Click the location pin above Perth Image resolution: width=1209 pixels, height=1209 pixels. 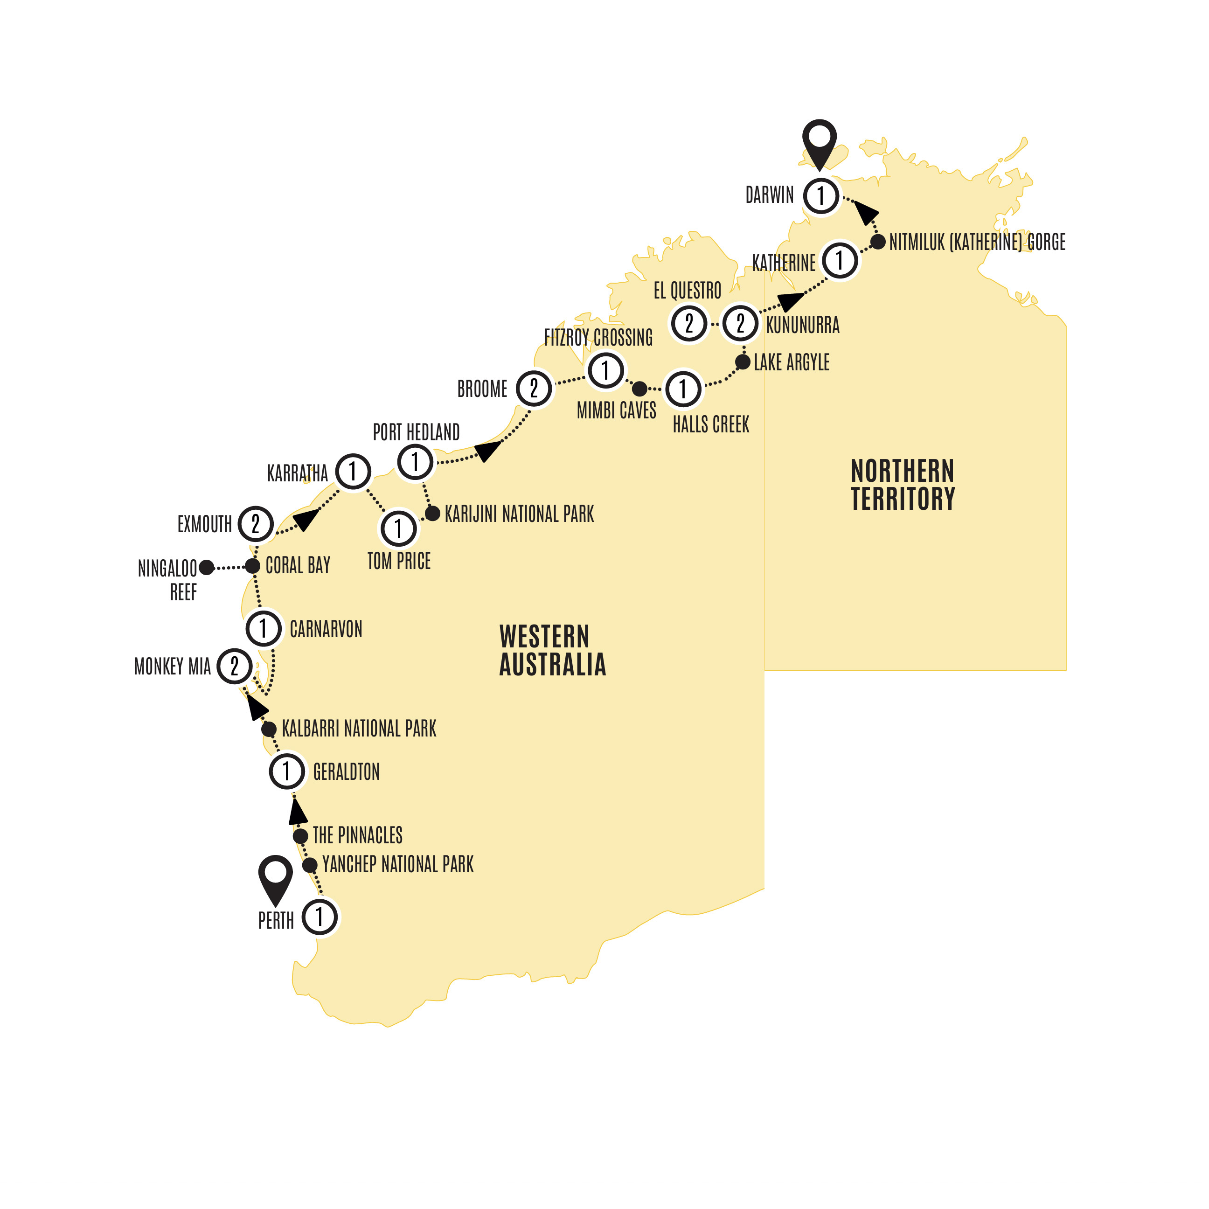(x=275, y=876)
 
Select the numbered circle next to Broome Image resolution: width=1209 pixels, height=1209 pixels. (x=534, y=389)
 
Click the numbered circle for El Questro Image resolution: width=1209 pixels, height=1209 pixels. (x=689, y=324)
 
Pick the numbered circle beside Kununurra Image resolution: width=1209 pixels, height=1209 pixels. (x=740, y=324)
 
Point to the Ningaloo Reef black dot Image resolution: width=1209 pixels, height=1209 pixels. (x=207, y=568)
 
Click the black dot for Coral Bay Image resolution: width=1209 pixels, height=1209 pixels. (x=252, y=566)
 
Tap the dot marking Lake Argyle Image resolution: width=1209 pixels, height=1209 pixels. (x=743, y=361)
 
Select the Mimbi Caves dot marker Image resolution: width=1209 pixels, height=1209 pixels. (x=639, y=389)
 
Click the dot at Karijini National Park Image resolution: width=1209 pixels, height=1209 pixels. (x=432, y=514)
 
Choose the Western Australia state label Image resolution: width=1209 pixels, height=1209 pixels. (x=553, y=651)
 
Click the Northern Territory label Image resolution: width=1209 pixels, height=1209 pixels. (x=903, y=485)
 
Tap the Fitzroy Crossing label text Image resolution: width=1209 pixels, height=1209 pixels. (x=598, y=338)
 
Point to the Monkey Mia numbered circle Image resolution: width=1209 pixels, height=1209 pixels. (x=235, y=667)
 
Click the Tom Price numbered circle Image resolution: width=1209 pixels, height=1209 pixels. (x=399, y=529)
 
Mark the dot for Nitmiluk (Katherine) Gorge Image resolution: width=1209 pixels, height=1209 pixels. (x=878, y=242)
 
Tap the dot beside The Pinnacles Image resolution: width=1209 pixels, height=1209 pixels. (x=300, y=836)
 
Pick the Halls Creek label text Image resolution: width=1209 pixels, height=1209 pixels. (x=711, y=425)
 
